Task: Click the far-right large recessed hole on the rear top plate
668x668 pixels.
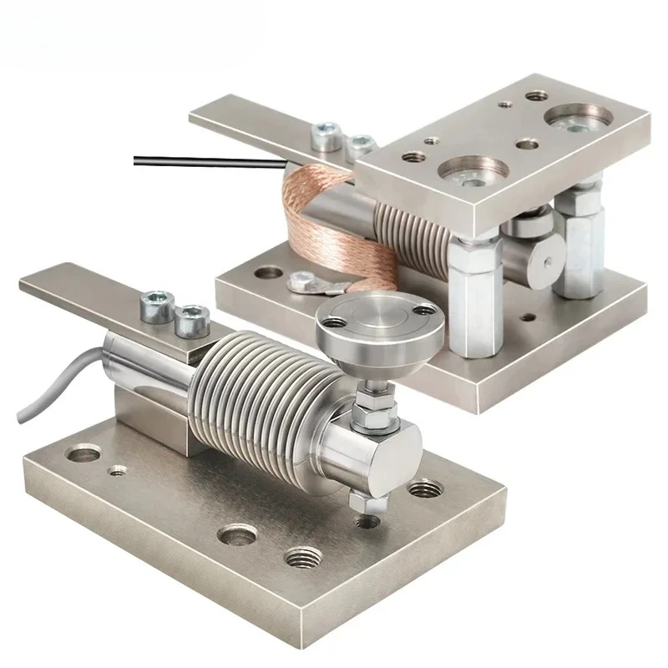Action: [579, 118]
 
